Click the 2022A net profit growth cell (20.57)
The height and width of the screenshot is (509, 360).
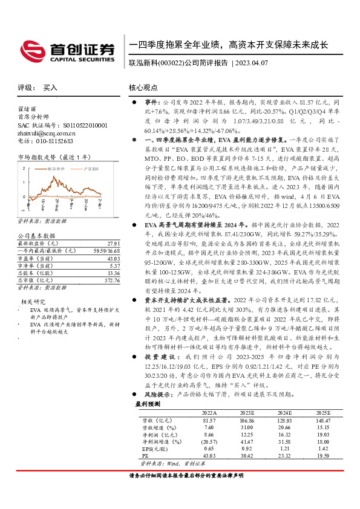point(209,442)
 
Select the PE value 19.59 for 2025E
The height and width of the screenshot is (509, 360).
point(325,456)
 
